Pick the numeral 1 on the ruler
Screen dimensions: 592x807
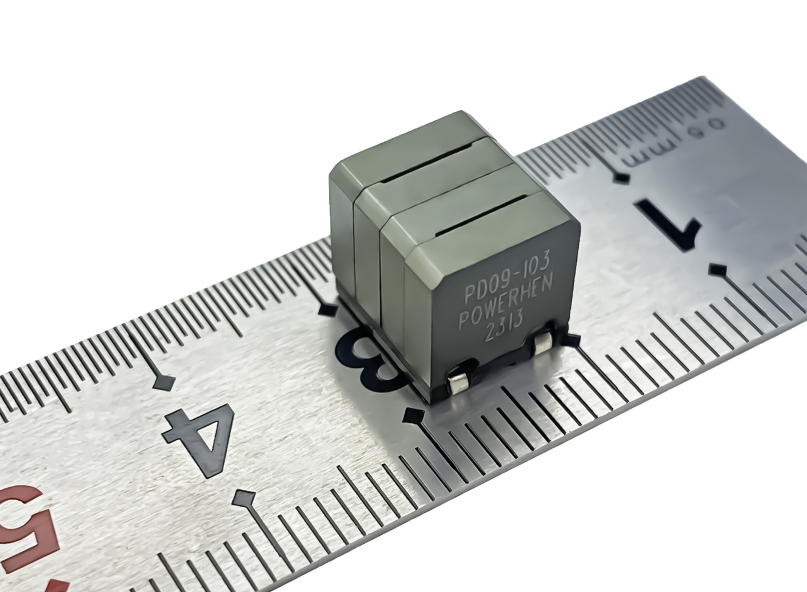[x=669, y=224]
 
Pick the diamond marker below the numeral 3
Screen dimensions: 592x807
[x=415, y=416]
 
